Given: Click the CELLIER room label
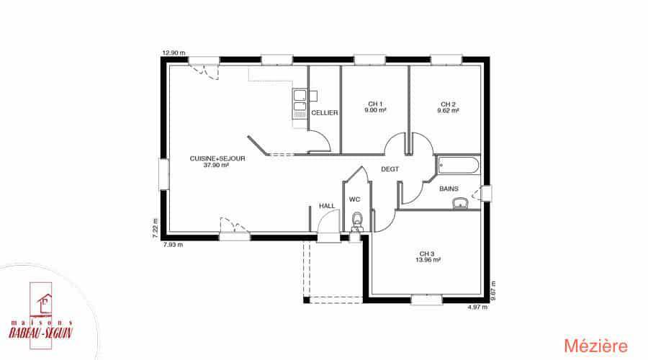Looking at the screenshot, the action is coord(325,113).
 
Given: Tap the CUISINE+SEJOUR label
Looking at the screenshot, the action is coord(217,158).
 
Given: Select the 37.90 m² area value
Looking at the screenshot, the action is coord(216,165).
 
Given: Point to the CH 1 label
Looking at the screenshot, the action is coord(375,104).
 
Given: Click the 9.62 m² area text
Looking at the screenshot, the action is coord(448,111).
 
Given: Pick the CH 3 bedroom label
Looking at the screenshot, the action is coord(427,253).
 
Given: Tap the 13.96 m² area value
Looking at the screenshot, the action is coord(428,260).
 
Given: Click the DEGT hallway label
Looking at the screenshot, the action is coord(390,169).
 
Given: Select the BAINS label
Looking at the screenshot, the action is coord(449,189).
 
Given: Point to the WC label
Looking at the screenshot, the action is coord(354,199).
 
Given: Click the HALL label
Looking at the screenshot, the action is coord(327,206).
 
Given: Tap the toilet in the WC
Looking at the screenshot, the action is coord(356,222).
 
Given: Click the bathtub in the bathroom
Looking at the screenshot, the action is coord(459,166).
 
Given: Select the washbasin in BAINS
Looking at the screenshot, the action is coord(460,203).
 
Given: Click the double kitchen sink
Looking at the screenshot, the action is coord(300,102).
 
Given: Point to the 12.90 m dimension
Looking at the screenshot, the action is coord(174,53).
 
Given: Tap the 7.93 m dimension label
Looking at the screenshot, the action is coord(173,245).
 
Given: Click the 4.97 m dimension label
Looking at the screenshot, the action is coord(477,307).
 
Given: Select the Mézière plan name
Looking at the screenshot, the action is coord(595,346).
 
